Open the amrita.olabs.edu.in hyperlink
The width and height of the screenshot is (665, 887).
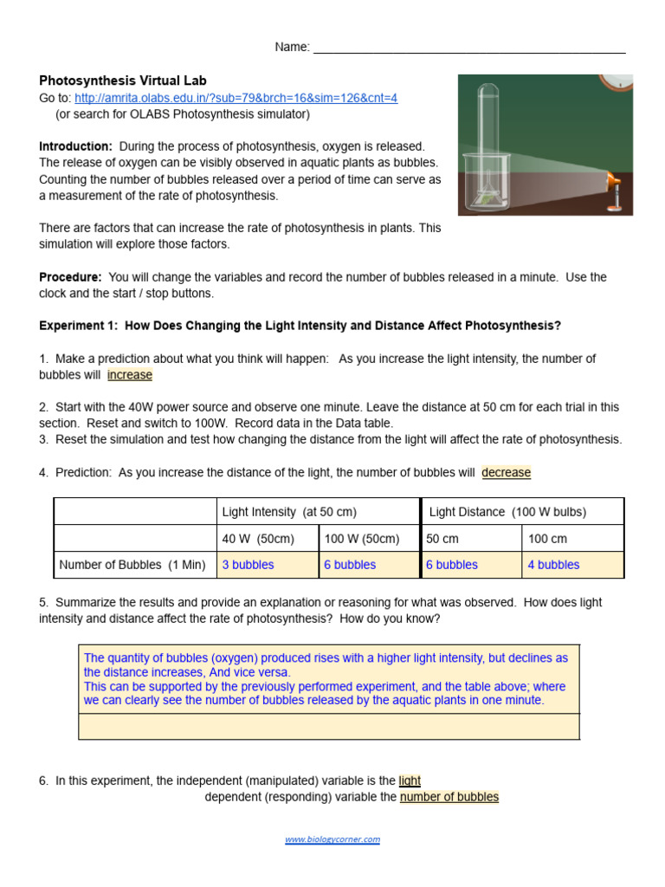[x=236, y=98]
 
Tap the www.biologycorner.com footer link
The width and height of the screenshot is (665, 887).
[x=332, y=839]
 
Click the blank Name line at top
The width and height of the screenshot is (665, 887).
[x=468, y=49]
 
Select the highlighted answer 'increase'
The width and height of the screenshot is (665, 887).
[x=130, y=375]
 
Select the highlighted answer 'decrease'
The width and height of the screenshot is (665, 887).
[x=506, y=472]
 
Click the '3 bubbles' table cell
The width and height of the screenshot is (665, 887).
[x=249, y=565]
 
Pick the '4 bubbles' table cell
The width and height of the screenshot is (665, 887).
[x=554, y=565]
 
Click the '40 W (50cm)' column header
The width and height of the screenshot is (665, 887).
[x=258, y=539]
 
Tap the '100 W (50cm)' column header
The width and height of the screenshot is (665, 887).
[x=362, y=539]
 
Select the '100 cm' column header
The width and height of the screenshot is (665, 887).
[x=547, y=539]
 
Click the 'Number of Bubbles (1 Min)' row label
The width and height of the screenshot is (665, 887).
[x=132, y=565]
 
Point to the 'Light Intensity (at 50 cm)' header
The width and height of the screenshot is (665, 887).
[x=289, y=512]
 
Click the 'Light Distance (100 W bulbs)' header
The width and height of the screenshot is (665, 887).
[x=507, y=512]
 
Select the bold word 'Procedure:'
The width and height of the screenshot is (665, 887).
[x=71, y=277]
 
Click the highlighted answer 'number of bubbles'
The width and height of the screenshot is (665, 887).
[x=449, y=797]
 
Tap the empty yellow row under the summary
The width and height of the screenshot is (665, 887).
[x=329, y=726]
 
